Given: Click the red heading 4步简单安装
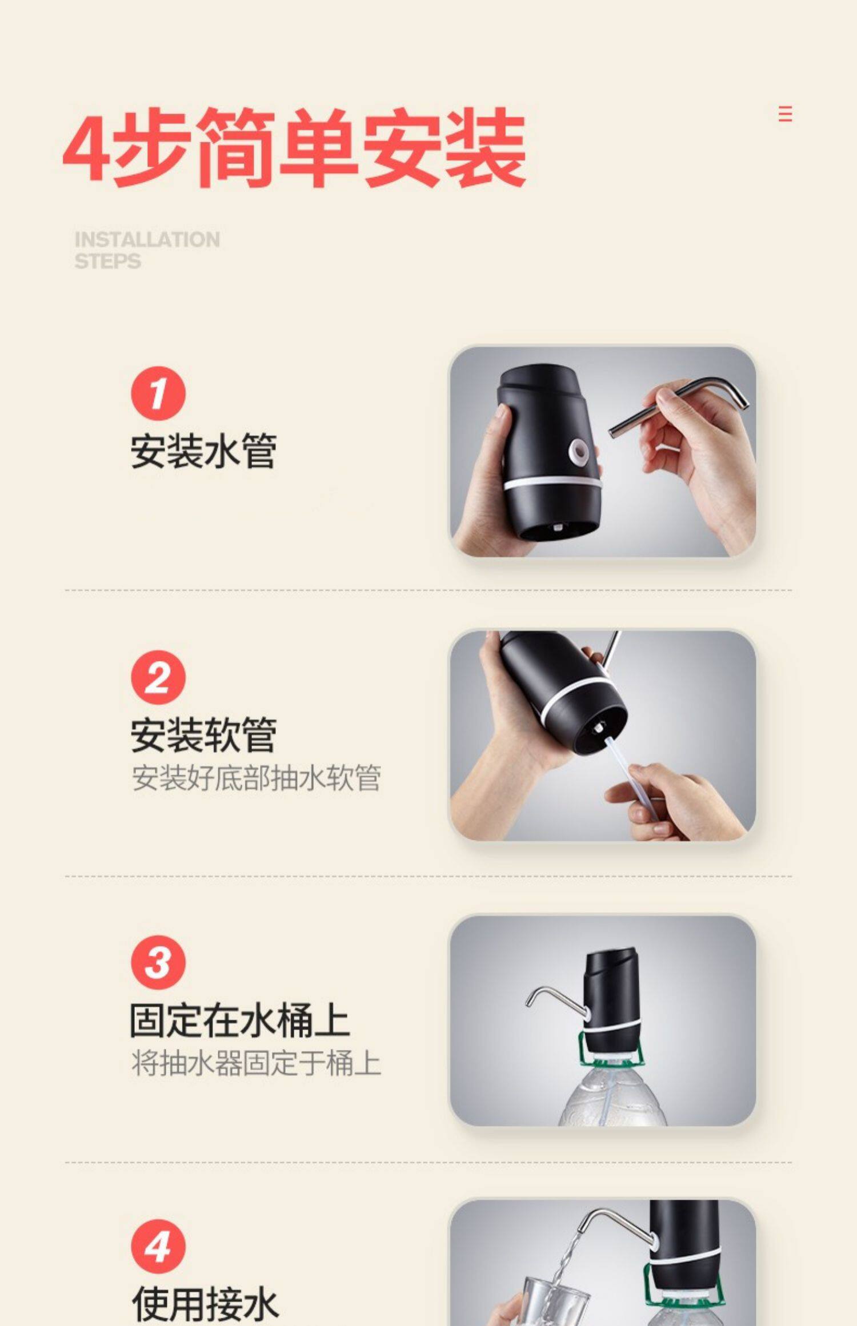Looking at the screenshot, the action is [x=294, y=148].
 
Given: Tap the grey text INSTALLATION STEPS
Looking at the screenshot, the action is [x=147, y=250].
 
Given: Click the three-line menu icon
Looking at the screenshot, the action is [x=786, y=114].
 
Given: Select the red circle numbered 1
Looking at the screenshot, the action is [x=158, y=393].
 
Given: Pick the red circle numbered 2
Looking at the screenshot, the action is [x=158, y=677].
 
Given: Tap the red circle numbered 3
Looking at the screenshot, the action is [x=158, y=962].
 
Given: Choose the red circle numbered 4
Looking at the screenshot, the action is [x=158, y=1247].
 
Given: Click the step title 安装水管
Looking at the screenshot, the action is [x=203, y=451].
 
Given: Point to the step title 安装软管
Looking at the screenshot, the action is [x=203, y=736].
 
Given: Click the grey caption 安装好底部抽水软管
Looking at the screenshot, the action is [x=256, y=778].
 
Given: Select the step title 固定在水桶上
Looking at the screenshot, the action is [x=239, y=1020].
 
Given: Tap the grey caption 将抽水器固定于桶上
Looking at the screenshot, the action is [x=256, y=1063].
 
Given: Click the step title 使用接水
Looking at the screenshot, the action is [x=205, y=1305].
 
